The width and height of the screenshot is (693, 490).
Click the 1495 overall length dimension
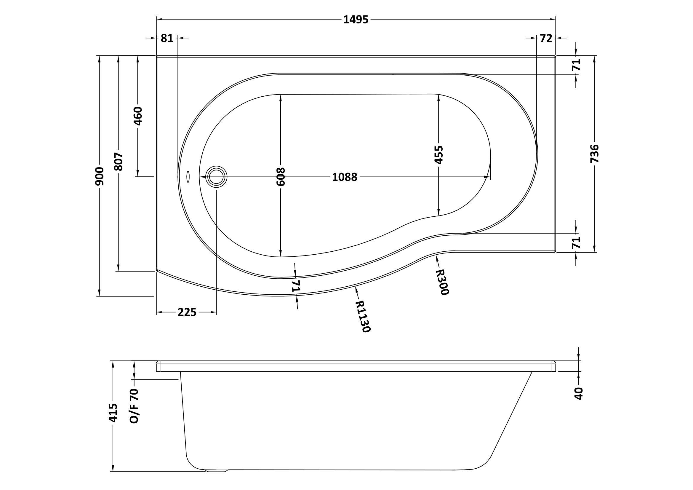(x=356, y=20)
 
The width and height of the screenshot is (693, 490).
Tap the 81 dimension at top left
(x=167, y=38)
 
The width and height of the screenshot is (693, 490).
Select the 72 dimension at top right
(x=546, y=38)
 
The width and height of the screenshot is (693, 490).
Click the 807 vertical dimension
(x=119, y=161)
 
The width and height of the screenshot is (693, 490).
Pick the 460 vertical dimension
(x=138, y=116)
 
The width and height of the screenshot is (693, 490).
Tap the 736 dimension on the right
(x=594, y=154)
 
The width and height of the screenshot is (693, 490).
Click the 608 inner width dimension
(x=280, y=176)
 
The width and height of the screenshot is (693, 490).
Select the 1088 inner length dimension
(x=345, y=177)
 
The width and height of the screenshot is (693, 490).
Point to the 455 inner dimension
(x=438, y=154)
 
